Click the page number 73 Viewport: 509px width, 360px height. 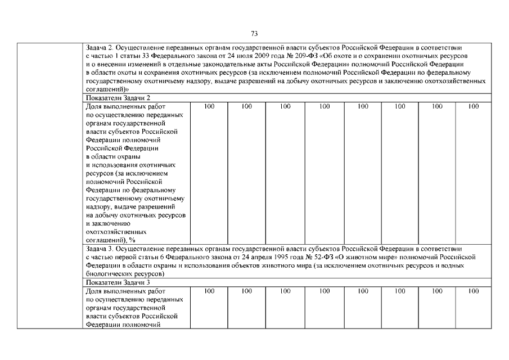(x=254, y=33)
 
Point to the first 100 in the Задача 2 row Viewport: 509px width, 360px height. (x=209, y=106)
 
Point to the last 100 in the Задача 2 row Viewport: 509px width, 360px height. (x=474, y=106)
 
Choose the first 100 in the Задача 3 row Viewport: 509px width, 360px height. (x=209, y=291)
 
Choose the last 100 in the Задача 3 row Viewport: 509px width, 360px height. (x=474, y=291)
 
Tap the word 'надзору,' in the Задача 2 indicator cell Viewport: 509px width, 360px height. (x=98, y=207)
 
